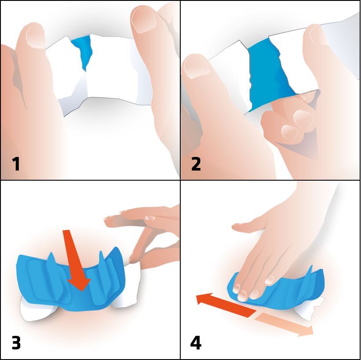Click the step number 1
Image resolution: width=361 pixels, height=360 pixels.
pos(16,164)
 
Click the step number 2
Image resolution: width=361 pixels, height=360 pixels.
pos(196,164)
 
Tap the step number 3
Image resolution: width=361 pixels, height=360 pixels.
pos(16,343)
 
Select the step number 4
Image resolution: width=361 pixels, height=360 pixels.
pos(196,343)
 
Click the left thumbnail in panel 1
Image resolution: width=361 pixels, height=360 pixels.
pos(36,37)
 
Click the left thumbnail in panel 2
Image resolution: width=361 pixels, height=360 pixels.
pos(197,67)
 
